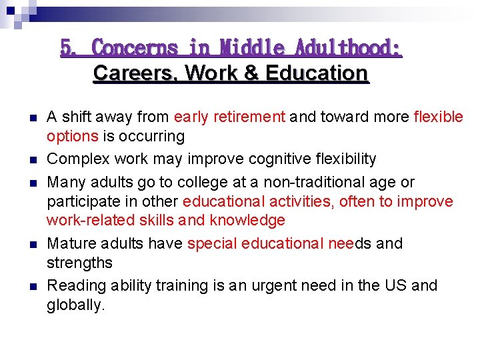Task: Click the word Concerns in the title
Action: pos(135,48)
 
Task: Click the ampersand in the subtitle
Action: pos(251,73)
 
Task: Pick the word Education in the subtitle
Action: pos(317,73)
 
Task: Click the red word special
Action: pos(209,243)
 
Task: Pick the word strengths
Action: pos(79,263)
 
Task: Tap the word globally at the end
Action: pos(75,306)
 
